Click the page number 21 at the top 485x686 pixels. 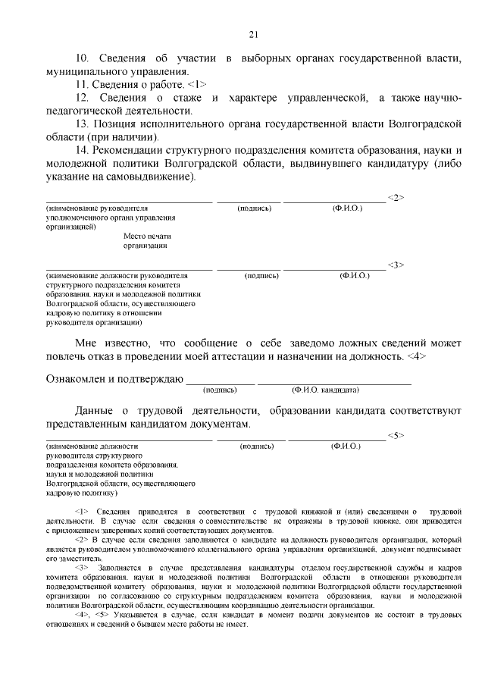[253, 33]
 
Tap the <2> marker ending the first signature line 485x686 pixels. [396, 198]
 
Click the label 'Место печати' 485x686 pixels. [148, 235]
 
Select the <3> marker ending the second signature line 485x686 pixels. [396, 265]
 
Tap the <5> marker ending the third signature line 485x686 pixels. [396, 436]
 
